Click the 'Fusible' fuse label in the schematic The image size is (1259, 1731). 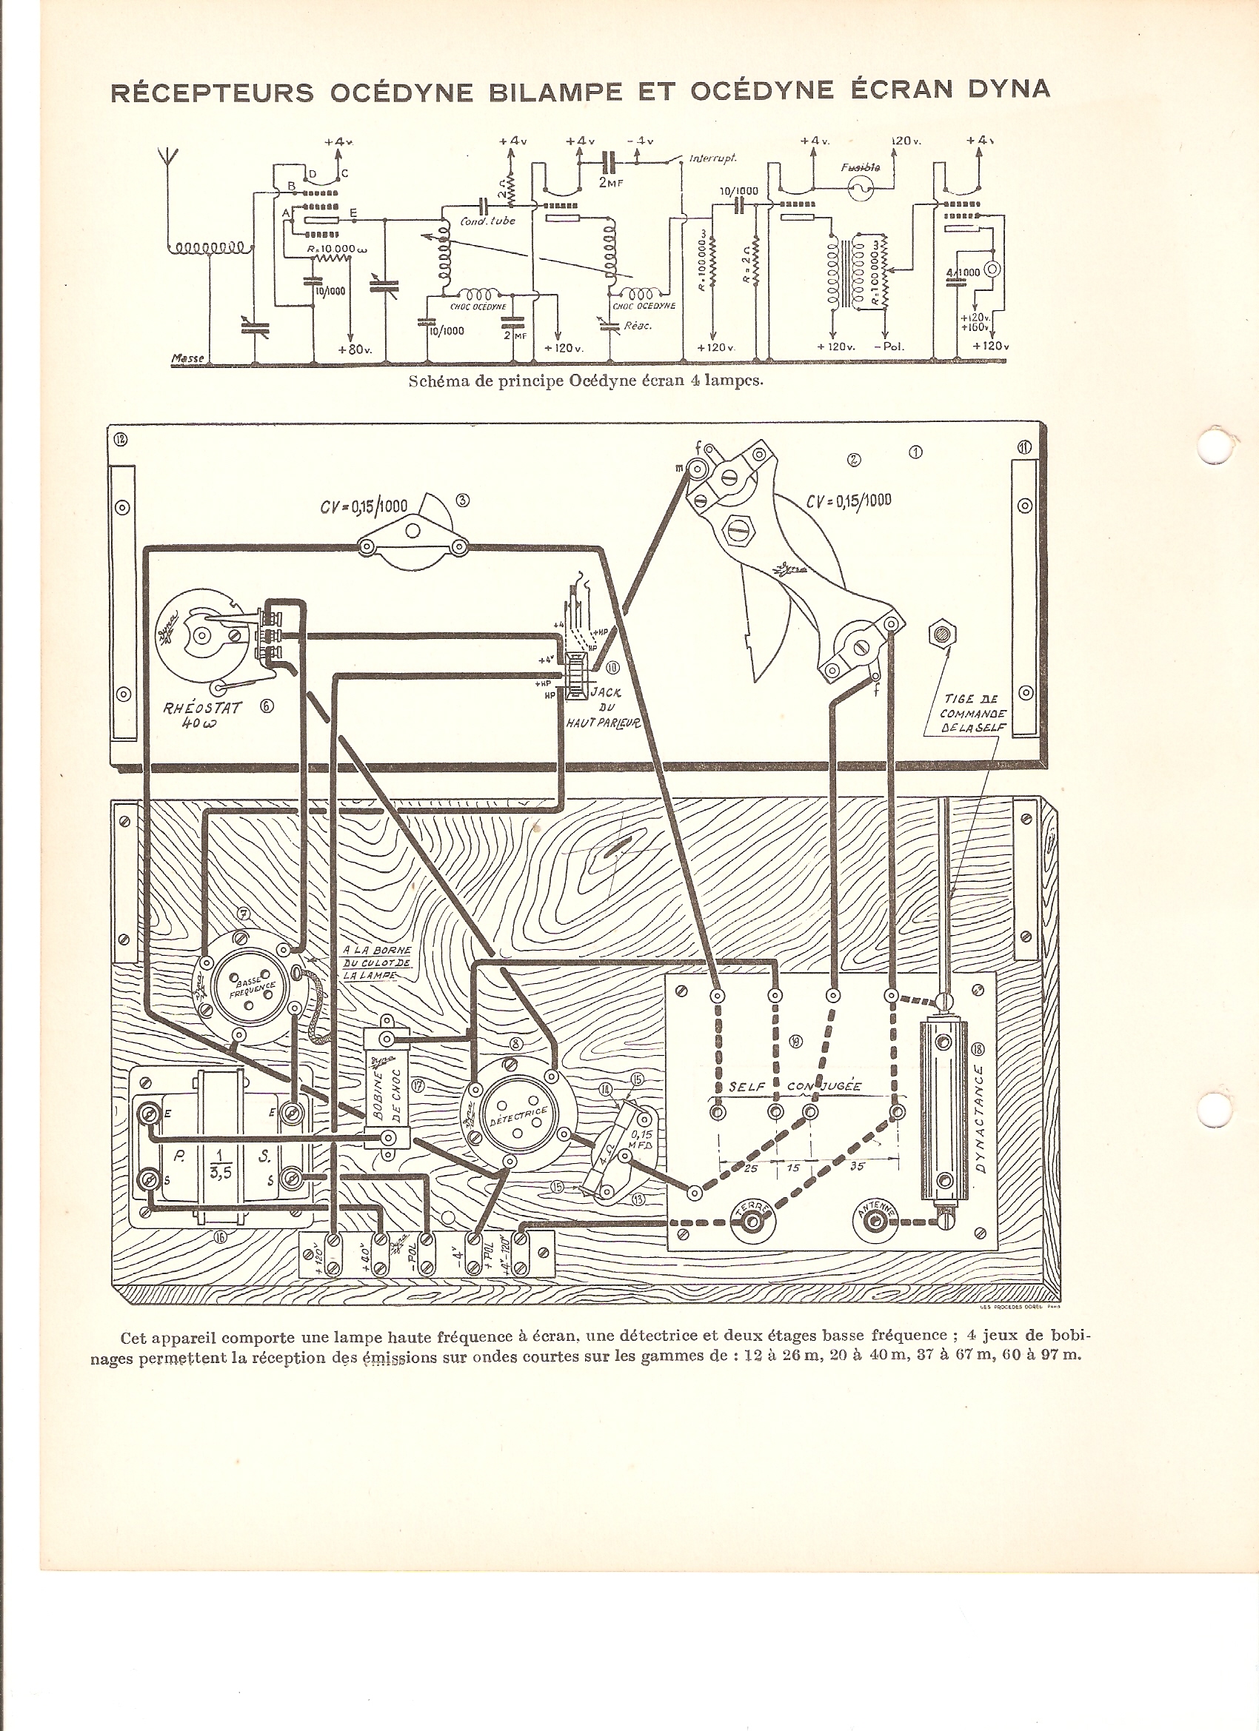[x=860, y=167]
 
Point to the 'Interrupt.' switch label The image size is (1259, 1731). [x=712, y=158]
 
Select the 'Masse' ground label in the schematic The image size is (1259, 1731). [x=188, y=358]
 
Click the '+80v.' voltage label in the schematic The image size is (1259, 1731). [x=354, y=349]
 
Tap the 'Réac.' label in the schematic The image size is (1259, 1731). [x=638, y=326]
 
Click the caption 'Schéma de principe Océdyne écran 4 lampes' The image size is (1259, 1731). [x=586, y=381]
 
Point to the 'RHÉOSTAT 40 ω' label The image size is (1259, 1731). [x=201, y=714]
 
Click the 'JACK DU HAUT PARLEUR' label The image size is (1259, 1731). [x=602, y=707]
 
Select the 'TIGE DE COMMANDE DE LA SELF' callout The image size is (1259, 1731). [x=972, y=713]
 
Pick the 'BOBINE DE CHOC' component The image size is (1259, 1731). [x=387, y=1089]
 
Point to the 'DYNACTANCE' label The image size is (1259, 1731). [x=980, y=1118]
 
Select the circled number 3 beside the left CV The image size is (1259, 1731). [x=462, y=500]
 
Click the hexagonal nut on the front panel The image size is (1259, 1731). [x=943, y=633]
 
